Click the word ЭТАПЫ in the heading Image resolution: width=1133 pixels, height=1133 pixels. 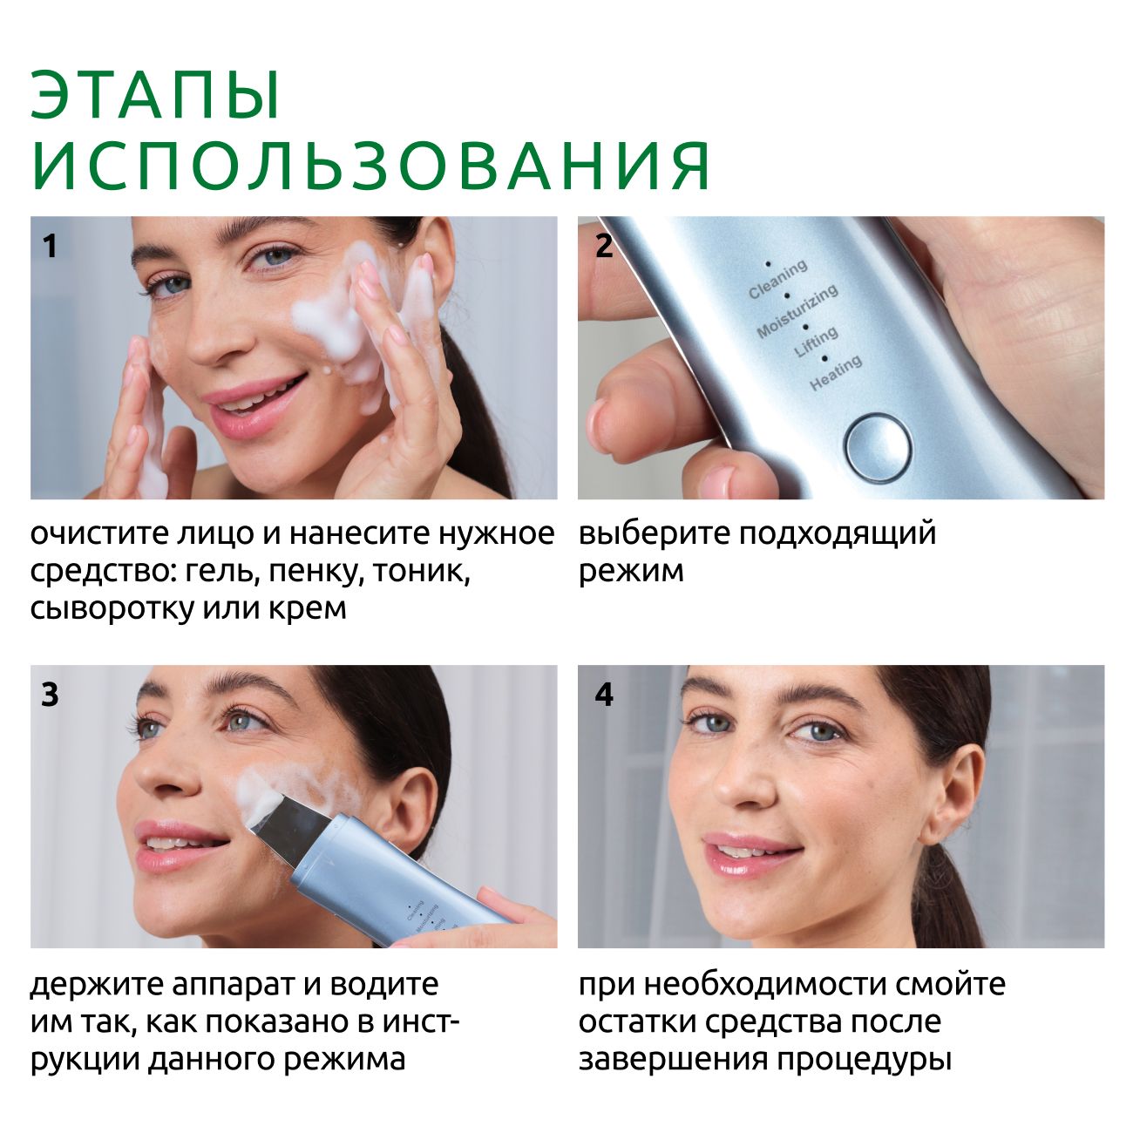point(155,96)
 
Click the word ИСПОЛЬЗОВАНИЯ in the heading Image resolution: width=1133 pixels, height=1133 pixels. point(371,166)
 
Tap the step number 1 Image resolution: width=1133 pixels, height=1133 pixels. point(50,246)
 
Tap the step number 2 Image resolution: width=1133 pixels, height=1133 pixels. point(604,246)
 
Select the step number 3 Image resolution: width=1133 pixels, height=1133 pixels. point(50,695)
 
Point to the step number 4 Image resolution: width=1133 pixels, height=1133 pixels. point(604,695)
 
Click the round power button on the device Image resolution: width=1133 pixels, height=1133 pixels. point(878,448)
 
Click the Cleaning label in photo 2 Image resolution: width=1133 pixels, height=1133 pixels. point(778,279)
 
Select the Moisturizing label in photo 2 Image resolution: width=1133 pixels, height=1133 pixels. point(797,312)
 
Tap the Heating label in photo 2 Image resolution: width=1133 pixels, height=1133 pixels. point(836,373)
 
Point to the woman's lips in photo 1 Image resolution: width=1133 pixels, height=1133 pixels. point(254,404)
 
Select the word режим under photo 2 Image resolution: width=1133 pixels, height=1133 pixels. point(631,572)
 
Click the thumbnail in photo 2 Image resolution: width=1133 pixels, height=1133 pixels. point(600,422)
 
